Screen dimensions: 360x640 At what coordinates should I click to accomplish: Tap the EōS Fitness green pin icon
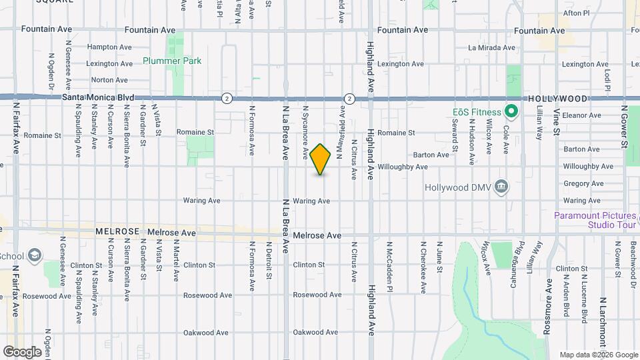pos(511,111)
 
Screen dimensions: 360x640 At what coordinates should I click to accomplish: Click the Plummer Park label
pos(172,61)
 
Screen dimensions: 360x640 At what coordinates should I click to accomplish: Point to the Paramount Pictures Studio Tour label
pos(595,220)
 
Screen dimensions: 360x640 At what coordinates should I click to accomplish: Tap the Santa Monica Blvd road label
pos(98,97)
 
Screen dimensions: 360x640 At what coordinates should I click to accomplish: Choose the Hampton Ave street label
pos(107,47)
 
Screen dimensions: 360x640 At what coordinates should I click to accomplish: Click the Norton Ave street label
pos(109,80)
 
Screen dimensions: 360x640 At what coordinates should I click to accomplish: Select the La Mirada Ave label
pos(492,48)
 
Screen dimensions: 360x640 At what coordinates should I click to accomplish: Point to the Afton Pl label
pos(577,13)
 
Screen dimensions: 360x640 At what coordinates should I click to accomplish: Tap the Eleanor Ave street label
pos(582,115)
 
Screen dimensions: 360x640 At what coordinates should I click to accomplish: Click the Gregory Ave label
pos(583,183)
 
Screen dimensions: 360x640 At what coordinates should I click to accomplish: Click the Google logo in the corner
pos(22,351)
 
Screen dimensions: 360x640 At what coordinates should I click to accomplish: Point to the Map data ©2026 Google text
pos(598,355)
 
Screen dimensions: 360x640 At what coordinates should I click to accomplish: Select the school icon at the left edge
pos(35,255)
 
